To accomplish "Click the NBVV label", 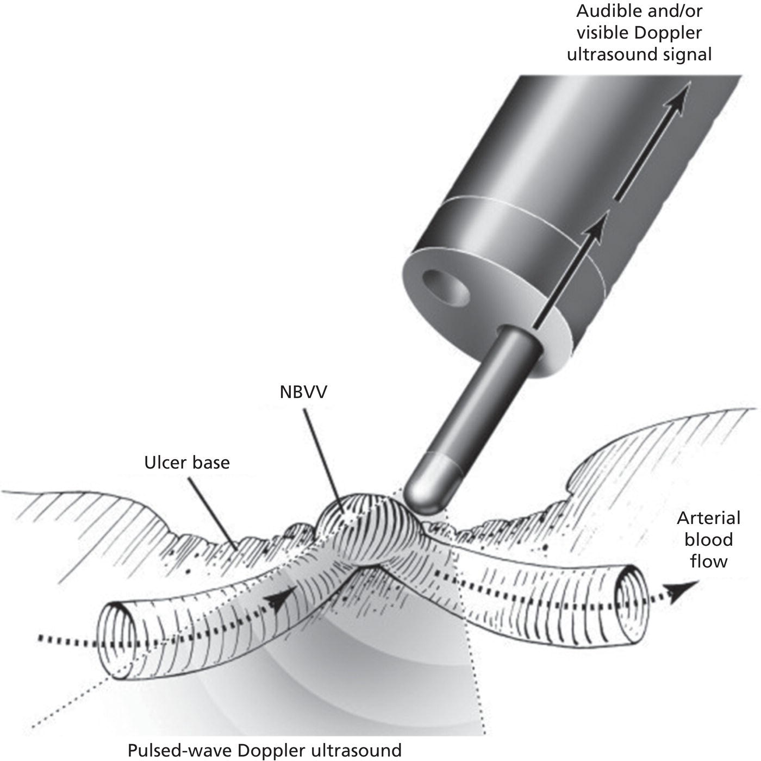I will pyautogui.click(x=303, y=392).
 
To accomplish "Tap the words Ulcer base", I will pyautogui.click(x=187, y=463).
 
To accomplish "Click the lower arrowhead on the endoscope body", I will pyautogui.click(x=596, y=228).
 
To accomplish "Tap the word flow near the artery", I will pyautogui.click(x=708, y=560).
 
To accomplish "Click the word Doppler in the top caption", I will pyautogui.click(x=668, y=33).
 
